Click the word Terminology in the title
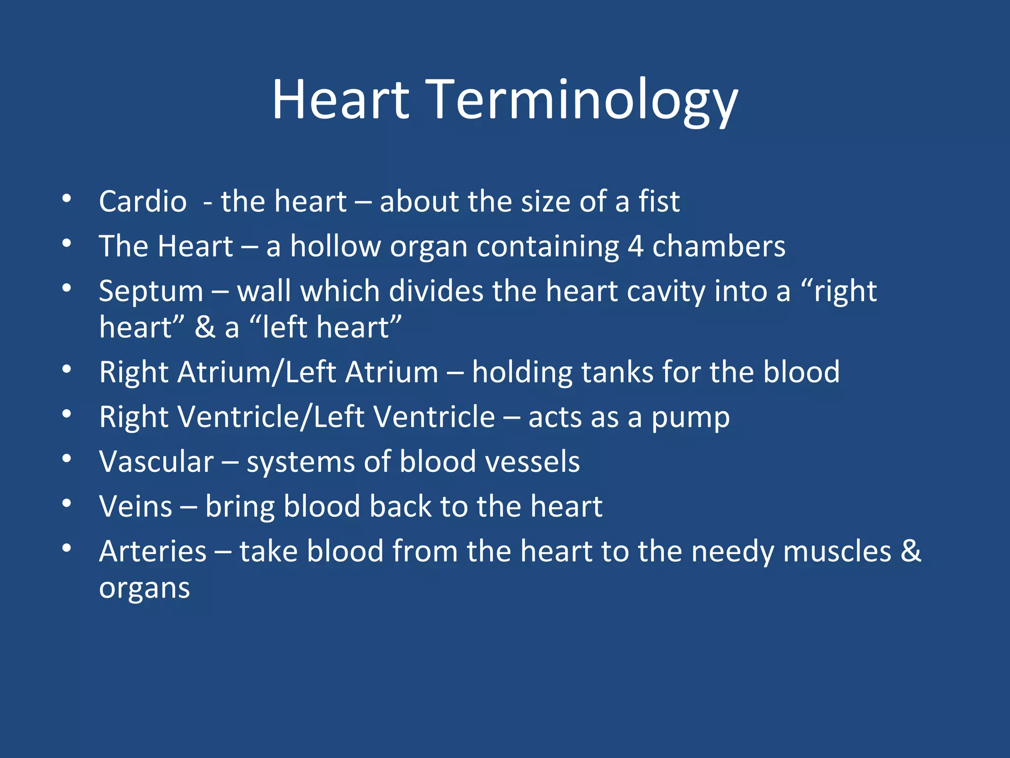click(582, 101)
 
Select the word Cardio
click(143, 202)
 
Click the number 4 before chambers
click(635, 247)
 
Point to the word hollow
click(335, 246)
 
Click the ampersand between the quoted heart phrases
click(205, 328)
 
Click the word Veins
click(136, 507)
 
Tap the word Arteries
click(152, 552)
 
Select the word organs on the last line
click(144, 589)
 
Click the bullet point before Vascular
click(67, 459)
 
